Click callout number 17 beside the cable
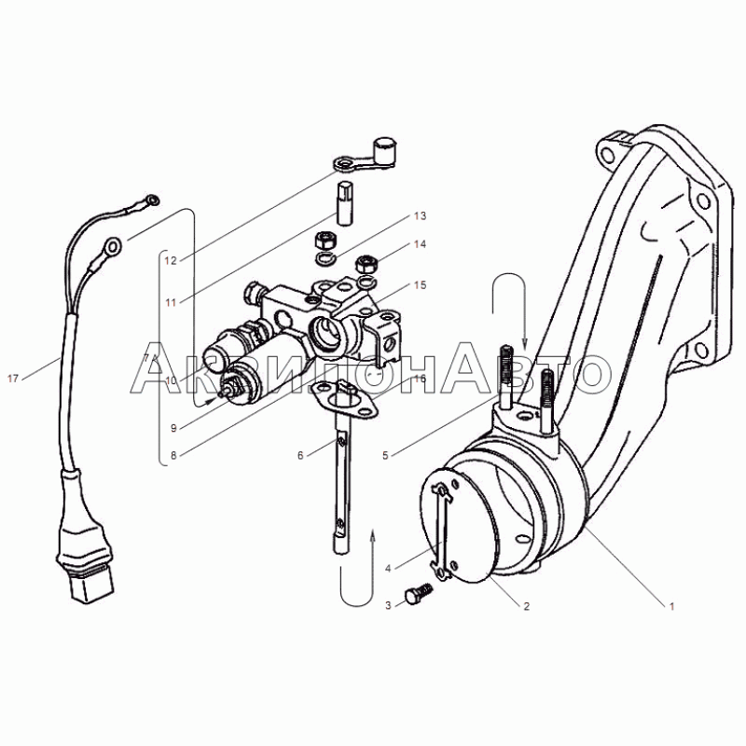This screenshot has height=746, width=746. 13,379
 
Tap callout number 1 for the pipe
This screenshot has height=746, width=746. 671,606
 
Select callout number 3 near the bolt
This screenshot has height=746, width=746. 388,605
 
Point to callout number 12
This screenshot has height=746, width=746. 171,260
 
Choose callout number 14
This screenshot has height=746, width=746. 420,244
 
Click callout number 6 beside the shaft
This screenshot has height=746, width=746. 300,455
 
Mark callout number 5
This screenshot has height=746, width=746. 385,455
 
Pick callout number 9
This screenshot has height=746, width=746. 173,428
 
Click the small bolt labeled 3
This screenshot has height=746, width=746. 418,591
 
